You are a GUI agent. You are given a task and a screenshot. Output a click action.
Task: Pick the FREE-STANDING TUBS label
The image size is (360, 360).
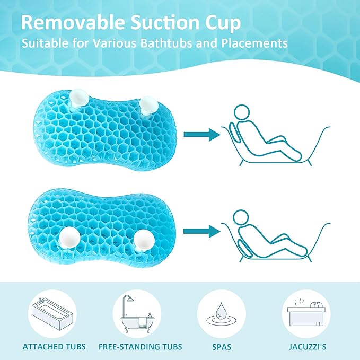(x=141, y=347)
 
